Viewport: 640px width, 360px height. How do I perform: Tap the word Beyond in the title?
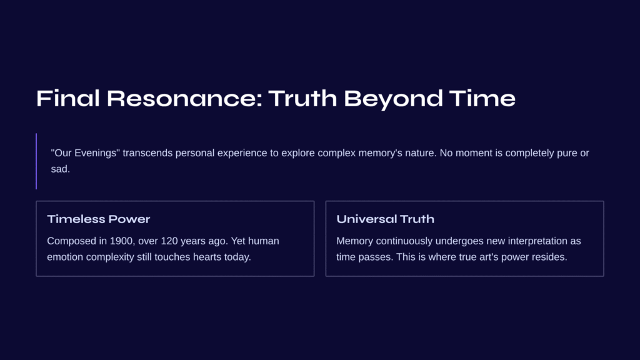click(393, 99)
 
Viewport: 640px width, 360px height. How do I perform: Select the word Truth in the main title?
click(302, 98)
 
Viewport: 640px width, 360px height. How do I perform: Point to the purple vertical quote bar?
click(36, 161)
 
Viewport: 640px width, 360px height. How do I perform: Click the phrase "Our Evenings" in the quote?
click(85, 153)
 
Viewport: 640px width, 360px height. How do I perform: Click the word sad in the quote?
click(59, 169)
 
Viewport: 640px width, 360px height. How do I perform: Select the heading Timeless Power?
click(99, 219)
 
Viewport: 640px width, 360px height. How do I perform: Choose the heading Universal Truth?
click(385, 219)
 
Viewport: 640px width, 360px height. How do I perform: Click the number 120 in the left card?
click(169, 241)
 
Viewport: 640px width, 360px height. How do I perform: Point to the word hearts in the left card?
click(207, 257)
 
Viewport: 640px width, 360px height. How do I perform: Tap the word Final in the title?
click(68, 98)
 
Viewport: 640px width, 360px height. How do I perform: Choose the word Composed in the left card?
click(71, 241)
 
